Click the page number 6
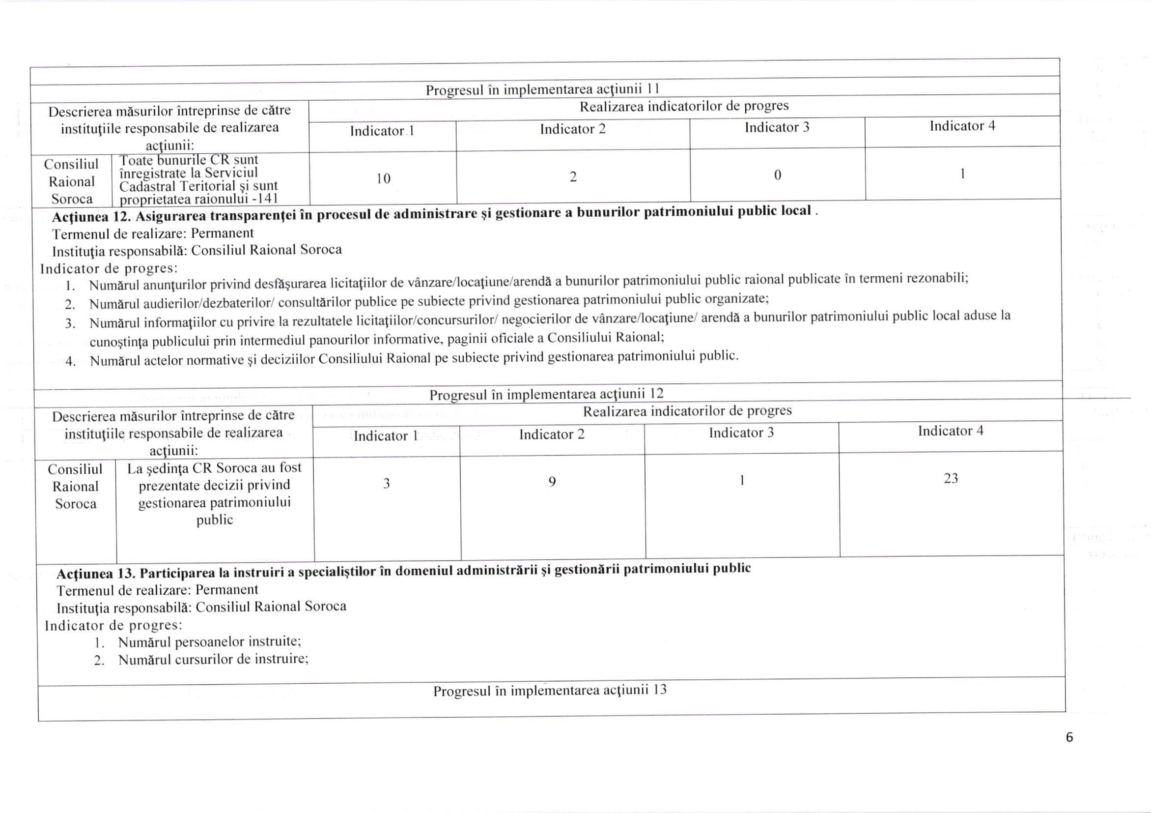pos(1069,737)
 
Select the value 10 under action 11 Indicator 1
pos(384,178)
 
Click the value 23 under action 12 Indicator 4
pos(951,478)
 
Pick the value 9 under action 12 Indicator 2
pos(552,482)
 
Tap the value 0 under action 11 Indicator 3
pos(778,175)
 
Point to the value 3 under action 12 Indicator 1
pos(387,484)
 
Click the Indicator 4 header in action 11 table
pos(962,126)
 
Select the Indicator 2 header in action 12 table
pos(552,435)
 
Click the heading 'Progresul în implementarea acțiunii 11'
pos(542,89)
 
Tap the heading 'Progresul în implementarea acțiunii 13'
pos(550,691)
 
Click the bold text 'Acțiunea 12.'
pos(92,217)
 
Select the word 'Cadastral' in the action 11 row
pos(145,187)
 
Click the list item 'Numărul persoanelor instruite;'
pos(210,642)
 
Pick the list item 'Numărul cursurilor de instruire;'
pos(213,659)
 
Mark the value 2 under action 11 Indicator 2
pos(573,176)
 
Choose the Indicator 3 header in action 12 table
pos(741,433)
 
